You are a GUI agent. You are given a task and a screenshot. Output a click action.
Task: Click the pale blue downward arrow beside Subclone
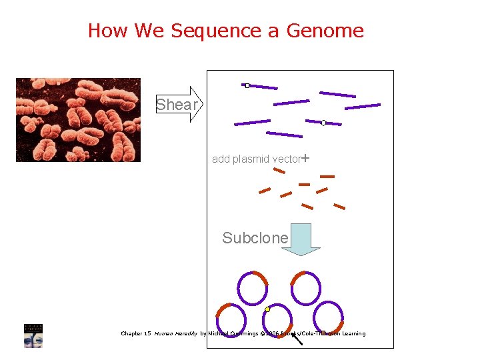click(x=301, y=239)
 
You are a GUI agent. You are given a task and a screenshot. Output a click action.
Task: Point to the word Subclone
click(x=255, y=238)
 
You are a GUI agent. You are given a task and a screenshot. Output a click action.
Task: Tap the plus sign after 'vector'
click(x=305, y=159)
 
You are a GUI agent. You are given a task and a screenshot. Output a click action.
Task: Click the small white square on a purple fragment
click(x=247, y=85)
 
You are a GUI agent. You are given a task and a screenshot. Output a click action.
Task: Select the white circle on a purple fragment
click(x=323, y=123)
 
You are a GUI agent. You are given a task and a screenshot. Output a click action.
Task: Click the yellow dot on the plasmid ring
click(x=267, y=309)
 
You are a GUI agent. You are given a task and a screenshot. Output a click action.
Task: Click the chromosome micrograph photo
click(x=78, y=120)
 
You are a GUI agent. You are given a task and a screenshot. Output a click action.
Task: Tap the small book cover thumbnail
click(x=33, y=335)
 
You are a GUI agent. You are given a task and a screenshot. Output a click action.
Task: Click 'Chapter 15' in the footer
click(x=135, y=333)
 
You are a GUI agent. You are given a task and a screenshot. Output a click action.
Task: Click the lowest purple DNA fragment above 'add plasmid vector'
click(x=284, y=134)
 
